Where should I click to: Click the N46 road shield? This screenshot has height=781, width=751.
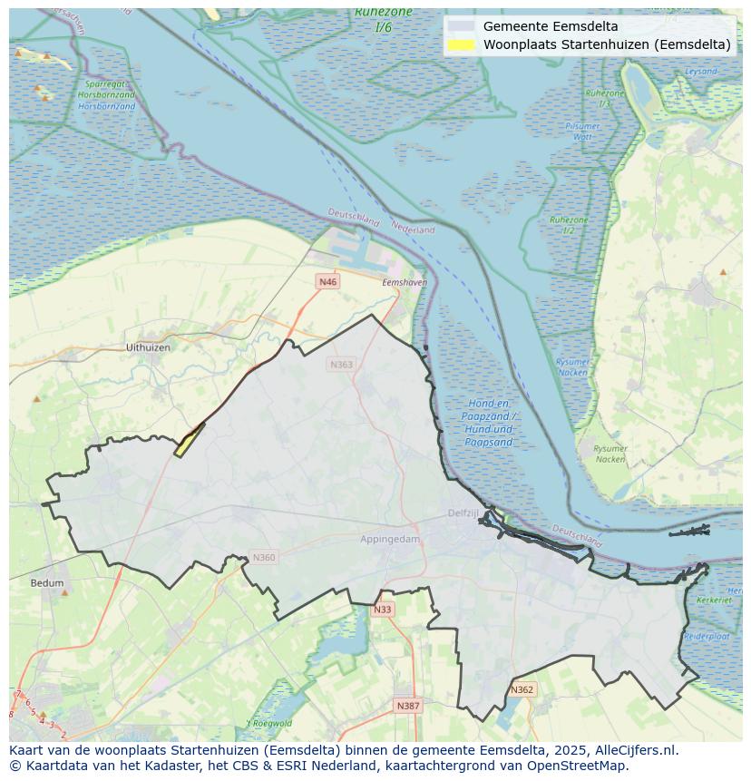pyautogui.click(x=327, y=282)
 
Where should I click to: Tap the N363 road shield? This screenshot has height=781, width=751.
pyautogui.click(x=341, y=365)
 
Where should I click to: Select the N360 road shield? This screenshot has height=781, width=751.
pyautogui.click(x=263, y=558)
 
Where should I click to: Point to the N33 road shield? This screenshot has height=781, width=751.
pyautogui.click(x=383, y=610)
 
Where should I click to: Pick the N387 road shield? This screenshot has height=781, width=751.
pyautogui.click(x=408, y=706)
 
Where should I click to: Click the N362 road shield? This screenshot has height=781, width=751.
pyautogui.click(x=522, y=689)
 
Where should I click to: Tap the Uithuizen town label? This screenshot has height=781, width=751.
pyautogui.click(x=148, y=347)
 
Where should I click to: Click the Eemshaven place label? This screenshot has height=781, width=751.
pyautogui.click(x=405, y=283)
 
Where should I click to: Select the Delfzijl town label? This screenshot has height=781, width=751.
pyautogui.click(x=463, y=513)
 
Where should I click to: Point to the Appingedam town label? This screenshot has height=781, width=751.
pyautogui.click(x=391, y=539)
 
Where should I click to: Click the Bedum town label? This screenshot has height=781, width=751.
pyautogui.click(x=47, y=583)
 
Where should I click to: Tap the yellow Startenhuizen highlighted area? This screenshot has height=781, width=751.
pyautogui.click(x=189, y=440)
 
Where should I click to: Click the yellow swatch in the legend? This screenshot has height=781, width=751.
pyautogui.click(x=462, y=44)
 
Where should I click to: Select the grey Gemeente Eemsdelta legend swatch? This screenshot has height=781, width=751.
pyautogui.click(x=462, y=26)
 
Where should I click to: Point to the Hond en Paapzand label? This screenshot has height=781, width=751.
pyautogui.click(x=489, y=423)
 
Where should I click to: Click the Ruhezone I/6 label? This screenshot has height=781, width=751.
pyautogui.click(x=384, y=19)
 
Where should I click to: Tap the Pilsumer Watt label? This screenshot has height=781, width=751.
pyautogui.click(x=582, y=132)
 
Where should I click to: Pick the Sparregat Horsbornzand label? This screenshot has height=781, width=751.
pyautogui.click(x=106, y=95)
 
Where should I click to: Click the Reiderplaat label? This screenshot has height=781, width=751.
pyautogui.click(x=707, y=637)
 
